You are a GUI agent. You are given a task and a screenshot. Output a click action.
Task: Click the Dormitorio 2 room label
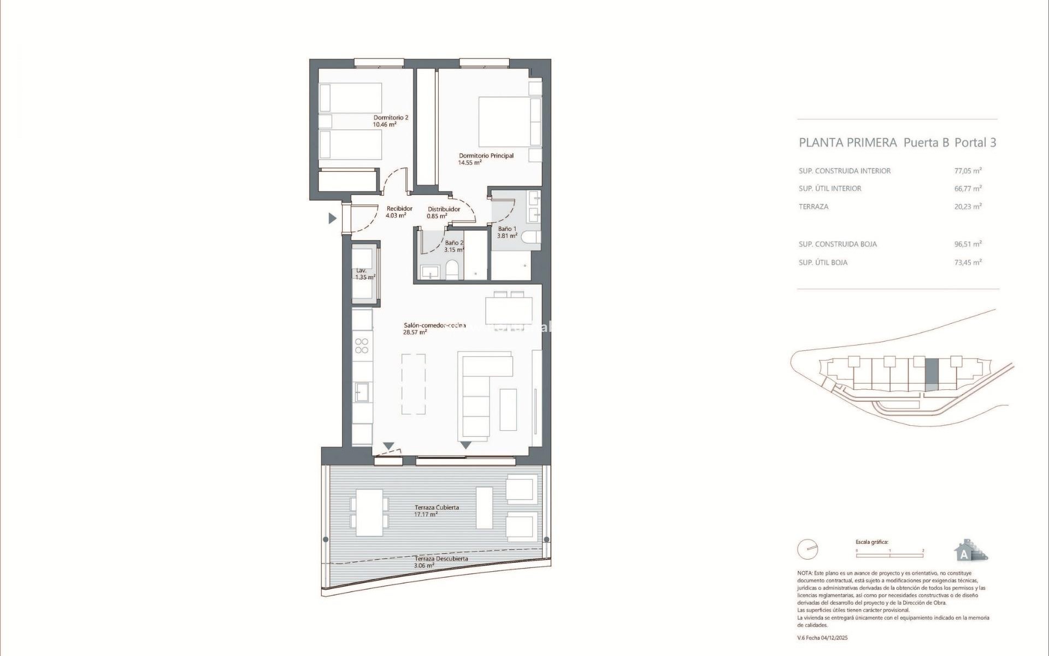[391, 121]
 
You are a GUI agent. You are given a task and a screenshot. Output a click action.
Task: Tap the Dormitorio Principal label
[486, 159]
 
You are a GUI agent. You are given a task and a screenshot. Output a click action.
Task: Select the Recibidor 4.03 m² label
[399, 212]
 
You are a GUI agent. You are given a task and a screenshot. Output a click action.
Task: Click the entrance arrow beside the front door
[332, 219]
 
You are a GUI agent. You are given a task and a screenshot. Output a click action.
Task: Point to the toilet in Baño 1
[531, 237]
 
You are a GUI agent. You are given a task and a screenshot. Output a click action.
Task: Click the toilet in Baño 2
[452, 270]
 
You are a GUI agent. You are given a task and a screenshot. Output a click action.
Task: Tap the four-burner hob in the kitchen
[362, 346]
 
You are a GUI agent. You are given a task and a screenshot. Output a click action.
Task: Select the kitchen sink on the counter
[362, 391]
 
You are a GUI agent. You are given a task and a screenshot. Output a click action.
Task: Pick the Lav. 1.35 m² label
[364, 274]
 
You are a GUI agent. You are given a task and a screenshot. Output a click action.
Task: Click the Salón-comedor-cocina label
[434, 329]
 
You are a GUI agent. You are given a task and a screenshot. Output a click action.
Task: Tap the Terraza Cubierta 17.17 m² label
[436, 511]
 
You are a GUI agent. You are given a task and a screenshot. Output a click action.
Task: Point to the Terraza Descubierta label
[440, 562]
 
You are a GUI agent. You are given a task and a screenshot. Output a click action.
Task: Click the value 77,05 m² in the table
[968, 171]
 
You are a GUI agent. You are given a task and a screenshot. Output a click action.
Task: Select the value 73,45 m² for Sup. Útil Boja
[968, 262]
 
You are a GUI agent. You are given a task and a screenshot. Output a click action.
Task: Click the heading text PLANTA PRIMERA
[847, 143]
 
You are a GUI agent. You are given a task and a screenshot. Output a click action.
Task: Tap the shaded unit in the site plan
[932, 374]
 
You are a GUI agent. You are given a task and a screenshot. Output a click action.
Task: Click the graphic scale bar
[889, 555]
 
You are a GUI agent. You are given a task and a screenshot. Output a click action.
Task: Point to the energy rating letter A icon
[964, 554]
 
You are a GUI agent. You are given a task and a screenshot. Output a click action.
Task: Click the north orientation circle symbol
[808, 549]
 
